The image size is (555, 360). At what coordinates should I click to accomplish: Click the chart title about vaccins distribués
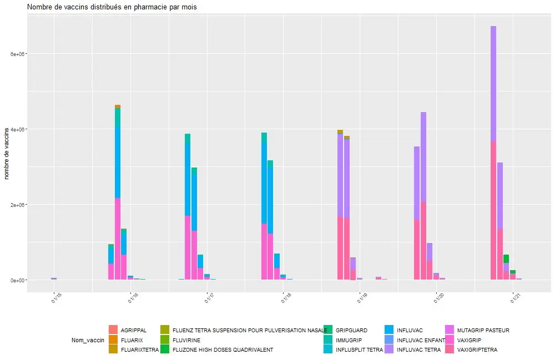point(112,7)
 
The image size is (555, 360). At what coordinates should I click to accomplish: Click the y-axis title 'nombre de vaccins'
point(7,153)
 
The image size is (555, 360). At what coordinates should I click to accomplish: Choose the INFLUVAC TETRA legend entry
point(418,349)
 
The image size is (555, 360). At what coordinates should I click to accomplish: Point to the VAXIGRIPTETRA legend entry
point(477,349)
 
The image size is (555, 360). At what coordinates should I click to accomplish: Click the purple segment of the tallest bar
point(493,83)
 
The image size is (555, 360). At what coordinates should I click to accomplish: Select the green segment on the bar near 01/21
point(506,258)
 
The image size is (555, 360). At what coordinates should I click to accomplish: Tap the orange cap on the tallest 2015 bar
point(118,107)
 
